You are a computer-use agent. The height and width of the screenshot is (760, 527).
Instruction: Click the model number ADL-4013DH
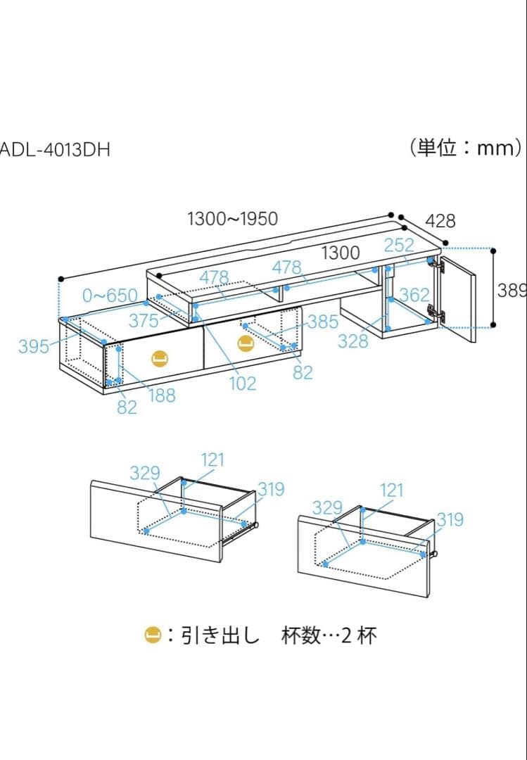(55, 150)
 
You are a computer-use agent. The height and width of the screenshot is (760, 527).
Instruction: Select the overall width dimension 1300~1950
(232, 219)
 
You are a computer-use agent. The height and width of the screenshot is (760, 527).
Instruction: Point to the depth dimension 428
(440, 221)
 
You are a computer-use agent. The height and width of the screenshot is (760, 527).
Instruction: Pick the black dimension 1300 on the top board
(341, 253)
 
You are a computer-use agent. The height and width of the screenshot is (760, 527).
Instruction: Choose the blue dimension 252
(399, 246)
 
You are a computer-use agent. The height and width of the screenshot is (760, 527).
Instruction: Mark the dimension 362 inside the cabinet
(414, 295)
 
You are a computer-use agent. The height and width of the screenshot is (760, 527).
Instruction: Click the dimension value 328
(353, 341)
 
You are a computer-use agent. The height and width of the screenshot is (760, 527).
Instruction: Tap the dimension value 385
(323, 322)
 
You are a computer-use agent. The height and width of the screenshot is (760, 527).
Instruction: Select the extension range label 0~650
(110, 295)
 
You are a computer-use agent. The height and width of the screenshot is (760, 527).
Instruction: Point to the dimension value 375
(144, 321)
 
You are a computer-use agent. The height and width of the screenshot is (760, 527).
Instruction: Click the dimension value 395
(33, 346)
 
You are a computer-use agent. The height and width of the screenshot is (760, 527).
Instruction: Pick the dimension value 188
(162, 395)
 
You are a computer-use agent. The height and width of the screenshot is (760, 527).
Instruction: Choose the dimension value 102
(242, 384)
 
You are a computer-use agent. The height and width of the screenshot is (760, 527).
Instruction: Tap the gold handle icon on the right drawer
(245, 343)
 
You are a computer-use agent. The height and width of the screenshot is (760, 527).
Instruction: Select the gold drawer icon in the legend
(153, 635)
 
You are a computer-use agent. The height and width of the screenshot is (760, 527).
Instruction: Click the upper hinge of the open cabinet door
(441, 267)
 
